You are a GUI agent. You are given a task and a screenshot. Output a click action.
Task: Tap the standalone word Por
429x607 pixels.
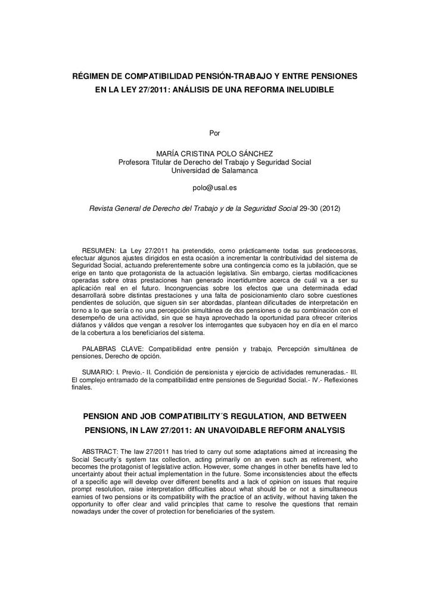click(x=214, y=132)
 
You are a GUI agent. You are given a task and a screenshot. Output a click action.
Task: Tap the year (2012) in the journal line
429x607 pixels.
click(x=331, y=208)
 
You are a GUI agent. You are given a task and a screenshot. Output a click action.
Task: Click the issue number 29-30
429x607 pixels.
click(x=309, y=208)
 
